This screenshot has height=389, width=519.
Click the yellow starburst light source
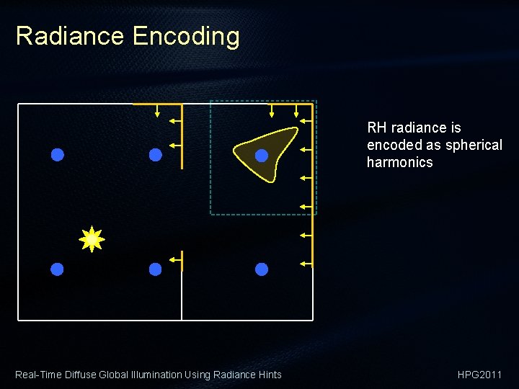pyautogui.click(x=92, y=239)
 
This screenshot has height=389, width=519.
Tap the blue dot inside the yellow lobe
pyautogui.click(x=262, y=156)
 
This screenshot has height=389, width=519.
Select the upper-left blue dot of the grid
pyautogui.click(x=58, y=154)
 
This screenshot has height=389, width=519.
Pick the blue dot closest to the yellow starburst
pyautogui.click(x=58, y=269)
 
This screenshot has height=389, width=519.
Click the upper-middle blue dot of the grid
pyautogui.click(x=155, y=154)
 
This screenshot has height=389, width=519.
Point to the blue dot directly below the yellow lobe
pyautogui.click(x=262, y=269)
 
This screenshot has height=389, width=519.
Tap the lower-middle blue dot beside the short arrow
pyautogui.click(x=155, y=269)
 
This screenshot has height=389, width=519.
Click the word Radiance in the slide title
pyautogui.click(x=69, y=36)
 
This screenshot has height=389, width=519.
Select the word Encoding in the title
pyautogui.click(x=185, y=36)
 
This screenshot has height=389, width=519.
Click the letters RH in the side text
pyautogui.click(x=376, y=128)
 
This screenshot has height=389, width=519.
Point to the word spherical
pyautogui.click(x=474, y=145)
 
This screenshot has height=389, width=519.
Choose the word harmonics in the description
pyautogui.click(x=399, y=162)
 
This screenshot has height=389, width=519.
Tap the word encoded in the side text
pyautogui.click(x=394, y=145)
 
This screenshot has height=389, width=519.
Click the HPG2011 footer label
pyautogui.click(x=479, y=375)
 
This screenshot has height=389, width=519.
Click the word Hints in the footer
pyautogui.click(x=270, y=375)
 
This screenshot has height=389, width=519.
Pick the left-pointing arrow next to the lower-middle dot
pyautogui.click(x=174, y=259)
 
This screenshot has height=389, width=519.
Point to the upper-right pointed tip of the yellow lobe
pyautogui.click(x=296, y=129)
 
